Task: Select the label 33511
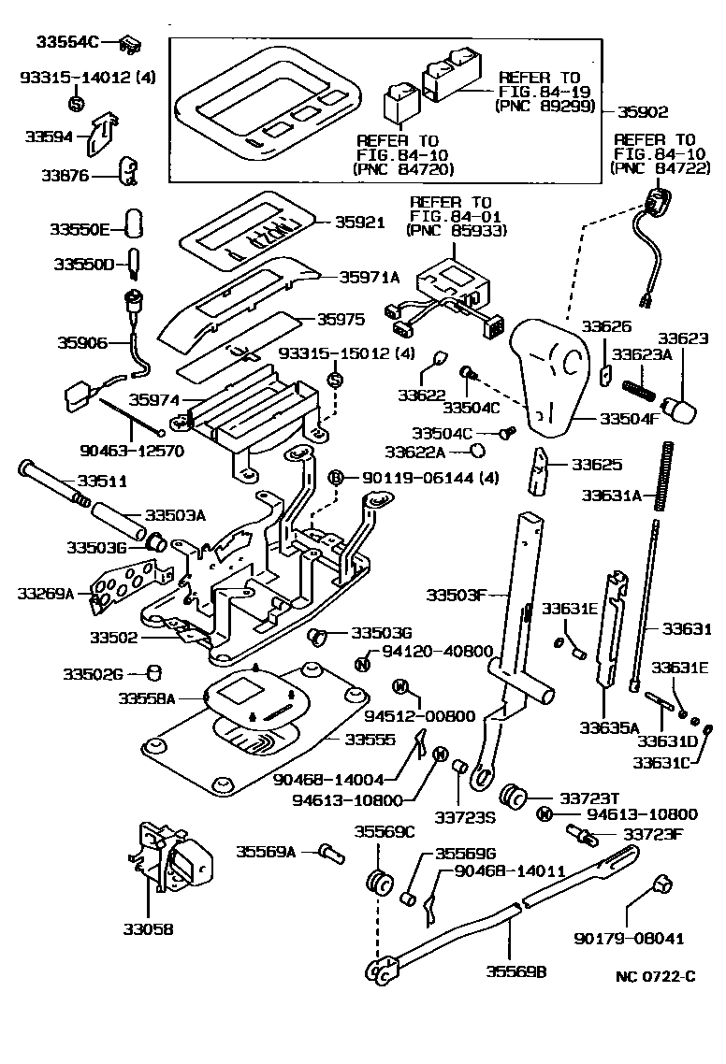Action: click(x=102, y=482)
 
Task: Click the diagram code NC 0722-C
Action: click(x=656, y=976)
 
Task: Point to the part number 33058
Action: click(x=148, y=929)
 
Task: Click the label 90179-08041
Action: click(x=629, y=939)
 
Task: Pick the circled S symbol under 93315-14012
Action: click(x=76, y=103)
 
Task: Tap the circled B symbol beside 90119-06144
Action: click(x=337, y=478)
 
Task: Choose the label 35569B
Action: click(x=516, y=971)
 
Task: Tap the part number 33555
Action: click(x=370, y=740)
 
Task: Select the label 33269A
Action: click(x=45, y=594)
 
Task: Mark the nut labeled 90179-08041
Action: click(x=661, y=884)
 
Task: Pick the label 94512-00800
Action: click(x=420, y=716)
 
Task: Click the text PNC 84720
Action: click(x=404, y=169)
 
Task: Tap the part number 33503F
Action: click(x=457, y=595)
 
